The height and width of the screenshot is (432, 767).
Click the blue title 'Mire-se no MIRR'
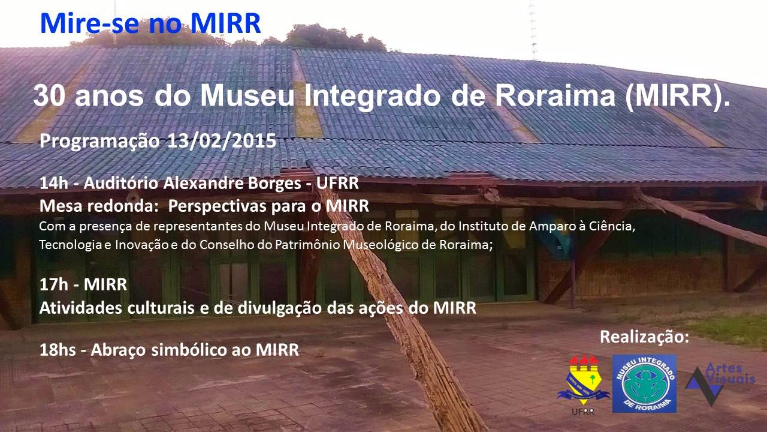[150, 23]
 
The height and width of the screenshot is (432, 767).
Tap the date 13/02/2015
[221, 141]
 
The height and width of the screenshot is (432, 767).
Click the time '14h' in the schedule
[54, 183]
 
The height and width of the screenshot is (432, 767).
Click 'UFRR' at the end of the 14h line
[337, 183]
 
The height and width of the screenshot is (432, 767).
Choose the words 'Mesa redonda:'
[99, 206]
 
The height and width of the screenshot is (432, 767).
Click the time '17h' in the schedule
[54, 284]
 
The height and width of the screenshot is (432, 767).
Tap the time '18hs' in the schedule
[58, 350]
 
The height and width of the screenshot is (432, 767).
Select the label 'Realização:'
[644, 337]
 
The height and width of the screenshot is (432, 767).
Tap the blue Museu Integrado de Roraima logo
[644, 383]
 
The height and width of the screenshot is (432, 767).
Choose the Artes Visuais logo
[719, 383]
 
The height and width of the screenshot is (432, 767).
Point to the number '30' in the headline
[49, 96]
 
